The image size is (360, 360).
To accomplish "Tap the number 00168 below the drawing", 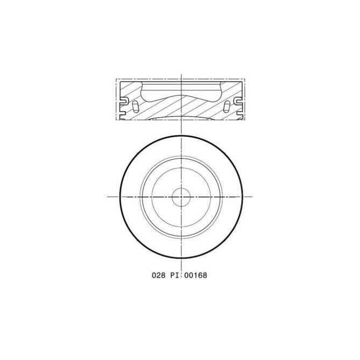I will pos(194,275).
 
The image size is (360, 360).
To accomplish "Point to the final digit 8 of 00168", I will pos(204,275).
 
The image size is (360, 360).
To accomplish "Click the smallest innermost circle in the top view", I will pos(180,197).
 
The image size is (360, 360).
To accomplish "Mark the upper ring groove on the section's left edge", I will pos(123,100).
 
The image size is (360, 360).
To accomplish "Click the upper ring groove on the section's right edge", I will pos(238,100).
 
